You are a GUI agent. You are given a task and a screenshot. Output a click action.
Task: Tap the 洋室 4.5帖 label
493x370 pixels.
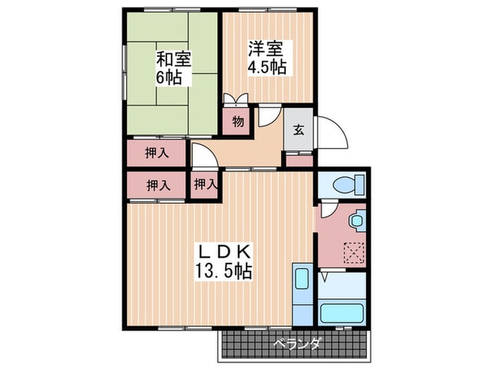point(267,58)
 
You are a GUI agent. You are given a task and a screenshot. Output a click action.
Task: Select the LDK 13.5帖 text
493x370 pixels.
point(223,261)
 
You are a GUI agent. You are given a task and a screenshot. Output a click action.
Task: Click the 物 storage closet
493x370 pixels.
point(238,121)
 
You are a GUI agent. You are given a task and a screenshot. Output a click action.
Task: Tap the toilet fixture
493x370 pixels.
point(349,184)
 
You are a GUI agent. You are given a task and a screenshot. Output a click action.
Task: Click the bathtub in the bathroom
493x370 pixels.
point(342,313)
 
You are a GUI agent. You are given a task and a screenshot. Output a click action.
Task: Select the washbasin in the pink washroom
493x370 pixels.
point(357,220)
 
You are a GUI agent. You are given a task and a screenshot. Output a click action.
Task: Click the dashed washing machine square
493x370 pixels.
point(355,252)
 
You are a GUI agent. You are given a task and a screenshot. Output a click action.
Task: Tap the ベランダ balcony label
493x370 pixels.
point(298,343)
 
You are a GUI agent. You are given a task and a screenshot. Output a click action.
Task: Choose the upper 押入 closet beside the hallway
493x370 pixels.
point(156,153)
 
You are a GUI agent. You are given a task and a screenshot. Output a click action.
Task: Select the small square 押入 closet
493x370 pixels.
point(205,185)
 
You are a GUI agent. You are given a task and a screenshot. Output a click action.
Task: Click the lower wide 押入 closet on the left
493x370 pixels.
point(156,185)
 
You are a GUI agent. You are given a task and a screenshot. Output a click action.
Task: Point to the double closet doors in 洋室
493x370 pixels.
point(236,98)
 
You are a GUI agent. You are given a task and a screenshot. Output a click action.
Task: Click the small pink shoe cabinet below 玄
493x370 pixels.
point(299,161)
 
